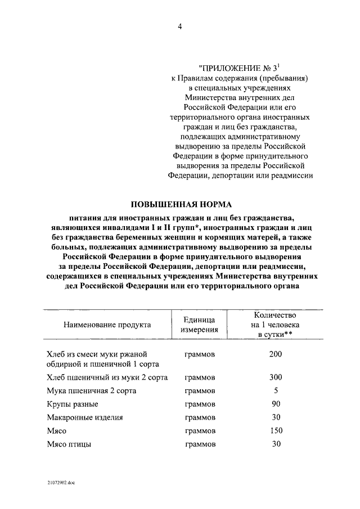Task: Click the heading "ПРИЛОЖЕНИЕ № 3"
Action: coord(240,67)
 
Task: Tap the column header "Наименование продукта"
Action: coord(107,325)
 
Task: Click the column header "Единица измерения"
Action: coord(200,325)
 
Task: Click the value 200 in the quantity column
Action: coord(276,354)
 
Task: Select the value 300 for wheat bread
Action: coord(276,377)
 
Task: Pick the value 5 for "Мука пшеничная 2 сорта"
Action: coord(276,390)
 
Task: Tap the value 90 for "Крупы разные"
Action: coord(276,404)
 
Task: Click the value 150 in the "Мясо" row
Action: coord(276,431)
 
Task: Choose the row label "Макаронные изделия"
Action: coord(85,418)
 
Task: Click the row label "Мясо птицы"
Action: coord(69,444)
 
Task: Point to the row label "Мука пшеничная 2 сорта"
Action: coord(91,391)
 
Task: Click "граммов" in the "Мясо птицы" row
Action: coord(200,444)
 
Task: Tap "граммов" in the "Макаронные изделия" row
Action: coord(200,418)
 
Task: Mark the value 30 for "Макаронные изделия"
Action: coord(276,417)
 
